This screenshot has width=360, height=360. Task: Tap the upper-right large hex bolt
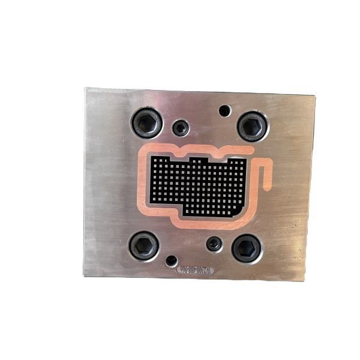252,125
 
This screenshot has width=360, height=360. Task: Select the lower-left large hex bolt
143,245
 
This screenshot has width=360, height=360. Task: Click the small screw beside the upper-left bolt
181,127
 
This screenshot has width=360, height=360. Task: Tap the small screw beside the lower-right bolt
214,244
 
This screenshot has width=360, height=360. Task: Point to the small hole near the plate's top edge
224,110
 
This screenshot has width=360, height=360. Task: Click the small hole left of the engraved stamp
172,261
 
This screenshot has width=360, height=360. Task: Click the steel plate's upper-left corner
86,89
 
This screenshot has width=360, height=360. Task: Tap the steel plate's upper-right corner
315,94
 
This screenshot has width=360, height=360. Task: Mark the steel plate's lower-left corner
84,277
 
